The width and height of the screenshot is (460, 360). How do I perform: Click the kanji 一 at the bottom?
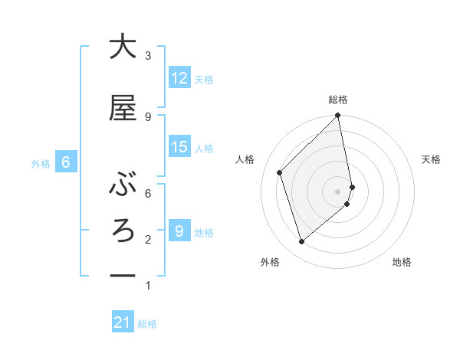coord(123,276)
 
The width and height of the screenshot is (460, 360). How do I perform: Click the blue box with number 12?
coord(179,78)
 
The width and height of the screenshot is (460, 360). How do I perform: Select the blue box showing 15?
coord(179,147)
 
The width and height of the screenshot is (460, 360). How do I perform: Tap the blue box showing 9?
coord(179,231)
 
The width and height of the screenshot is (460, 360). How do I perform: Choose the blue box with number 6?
coord(67,162)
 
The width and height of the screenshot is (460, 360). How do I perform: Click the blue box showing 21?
coord(123,323)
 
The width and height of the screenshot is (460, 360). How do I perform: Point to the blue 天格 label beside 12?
coord(204,79)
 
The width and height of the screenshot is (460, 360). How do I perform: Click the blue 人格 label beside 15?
coord(204,148)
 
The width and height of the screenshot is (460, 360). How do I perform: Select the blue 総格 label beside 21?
coord(147,324)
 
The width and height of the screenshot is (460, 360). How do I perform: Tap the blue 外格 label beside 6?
coord(41,163)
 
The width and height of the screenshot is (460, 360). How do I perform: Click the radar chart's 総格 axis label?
coord(338,100)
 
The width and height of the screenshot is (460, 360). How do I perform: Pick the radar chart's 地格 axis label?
coord(402,262)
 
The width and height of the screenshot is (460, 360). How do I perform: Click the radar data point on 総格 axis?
coord(337,116)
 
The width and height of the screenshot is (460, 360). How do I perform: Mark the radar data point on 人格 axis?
coord(280,172)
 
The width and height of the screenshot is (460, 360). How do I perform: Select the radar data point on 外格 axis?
coord(302,242)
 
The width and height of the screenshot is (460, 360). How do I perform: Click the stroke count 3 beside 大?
coord(148,55)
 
